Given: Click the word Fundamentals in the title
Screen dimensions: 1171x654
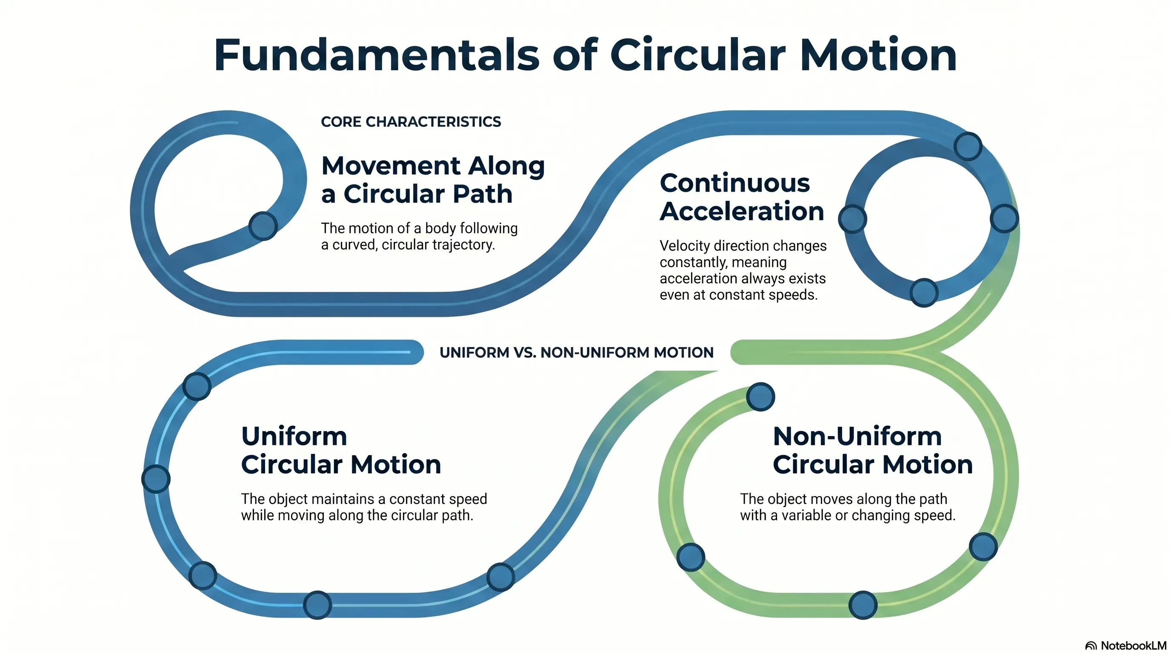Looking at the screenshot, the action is (377, 55).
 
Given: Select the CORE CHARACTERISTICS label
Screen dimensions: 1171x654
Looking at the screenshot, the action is (411, 122).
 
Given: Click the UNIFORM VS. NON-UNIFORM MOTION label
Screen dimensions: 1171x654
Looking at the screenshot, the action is (577, 353).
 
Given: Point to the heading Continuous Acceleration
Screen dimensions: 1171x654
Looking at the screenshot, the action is (742, 197).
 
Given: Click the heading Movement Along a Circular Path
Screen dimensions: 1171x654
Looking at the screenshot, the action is (433, 180).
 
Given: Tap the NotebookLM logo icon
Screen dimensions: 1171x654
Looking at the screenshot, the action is (1091, 646).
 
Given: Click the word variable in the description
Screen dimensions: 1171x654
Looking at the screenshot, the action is (806, 515).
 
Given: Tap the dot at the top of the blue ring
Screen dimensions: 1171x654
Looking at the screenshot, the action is (968, 146).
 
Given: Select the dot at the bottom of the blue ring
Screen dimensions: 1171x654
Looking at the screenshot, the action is (924, 293).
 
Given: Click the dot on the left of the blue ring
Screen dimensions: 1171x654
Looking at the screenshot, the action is (853, 219).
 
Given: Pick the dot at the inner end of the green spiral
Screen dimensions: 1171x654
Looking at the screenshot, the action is (760, 396).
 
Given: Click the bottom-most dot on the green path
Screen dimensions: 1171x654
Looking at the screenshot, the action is (863, 605).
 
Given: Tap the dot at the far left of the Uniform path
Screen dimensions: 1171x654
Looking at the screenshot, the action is (156, 479).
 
